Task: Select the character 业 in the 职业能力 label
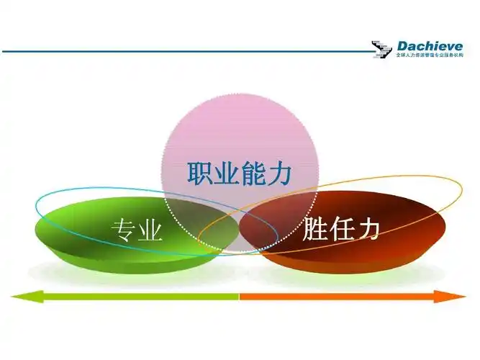coord(228,174)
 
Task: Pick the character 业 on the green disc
coord(150,230)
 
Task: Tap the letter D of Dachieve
coord(402,47)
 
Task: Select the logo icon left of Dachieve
coord(382,50)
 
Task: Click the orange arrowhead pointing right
coord(458,295)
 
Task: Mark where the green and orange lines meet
coord(239,295)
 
